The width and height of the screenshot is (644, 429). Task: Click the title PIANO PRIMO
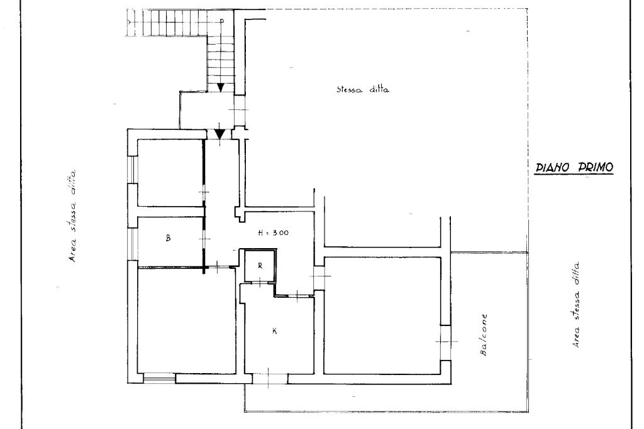[574, 167]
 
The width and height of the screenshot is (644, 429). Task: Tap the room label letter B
[168, 237]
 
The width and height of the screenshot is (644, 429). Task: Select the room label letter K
[274, 331]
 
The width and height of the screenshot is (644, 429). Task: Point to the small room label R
[260, 266]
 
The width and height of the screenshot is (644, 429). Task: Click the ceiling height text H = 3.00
[273, 232]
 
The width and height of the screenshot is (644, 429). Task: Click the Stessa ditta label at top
[363, 89]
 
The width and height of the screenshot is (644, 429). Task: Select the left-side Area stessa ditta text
[73, 215]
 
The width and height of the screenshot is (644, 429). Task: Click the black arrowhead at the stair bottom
[221, 87]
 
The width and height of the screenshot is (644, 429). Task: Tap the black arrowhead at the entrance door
[220, 134]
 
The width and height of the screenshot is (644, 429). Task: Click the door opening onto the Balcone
[446, 342]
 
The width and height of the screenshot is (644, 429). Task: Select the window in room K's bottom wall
[269, 379]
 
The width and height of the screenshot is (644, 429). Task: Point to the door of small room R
[260, 282]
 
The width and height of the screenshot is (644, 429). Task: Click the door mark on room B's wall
[204, 239]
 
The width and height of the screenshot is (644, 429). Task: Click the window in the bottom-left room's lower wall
[159, 378]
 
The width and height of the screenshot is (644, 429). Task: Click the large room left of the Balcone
[383, 315]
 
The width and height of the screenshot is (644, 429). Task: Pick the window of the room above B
[133, 170]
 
